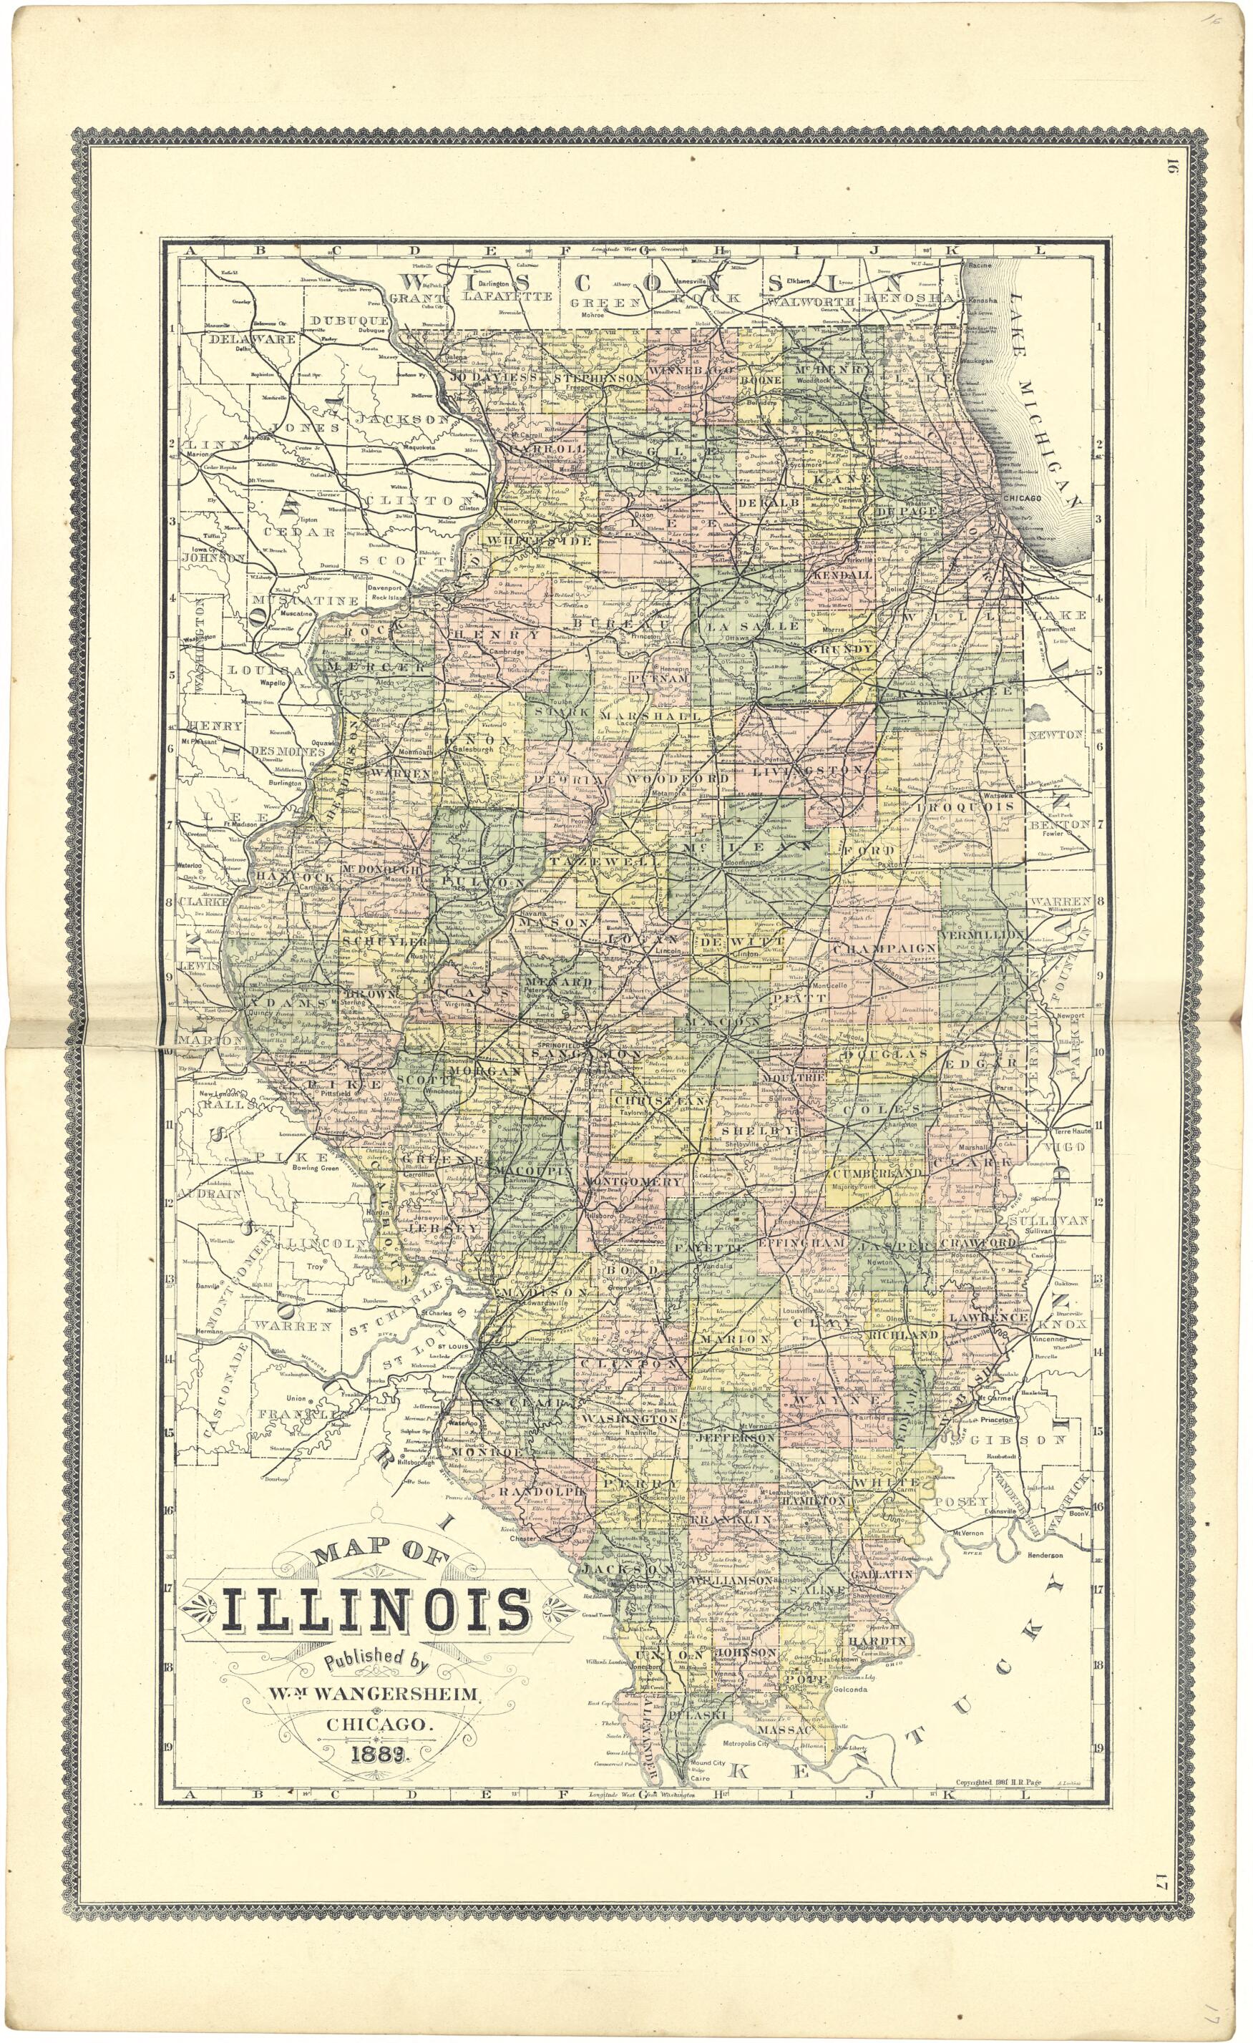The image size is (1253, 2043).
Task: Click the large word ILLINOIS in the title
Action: (376, 1609)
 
